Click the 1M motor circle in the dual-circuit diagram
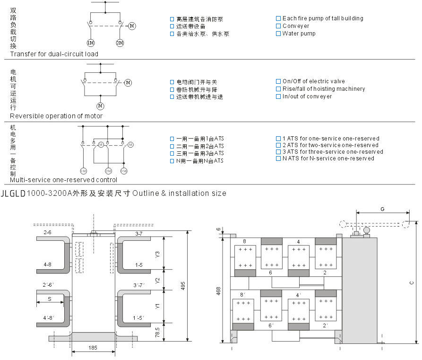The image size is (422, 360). (91, 43)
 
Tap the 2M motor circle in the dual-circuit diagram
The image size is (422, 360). (120, 43)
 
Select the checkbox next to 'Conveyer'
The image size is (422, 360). (278, 26)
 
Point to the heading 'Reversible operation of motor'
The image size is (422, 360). (56, 116)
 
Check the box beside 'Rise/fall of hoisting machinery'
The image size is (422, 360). (278, 89)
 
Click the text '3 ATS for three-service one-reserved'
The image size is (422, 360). (333, 152)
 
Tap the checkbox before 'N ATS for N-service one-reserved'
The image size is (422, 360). (278, 158)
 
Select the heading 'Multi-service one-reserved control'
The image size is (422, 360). (64, 180)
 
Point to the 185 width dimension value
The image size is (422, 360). (93, 348)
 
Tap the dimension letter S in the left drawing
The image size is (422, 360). (49, 299)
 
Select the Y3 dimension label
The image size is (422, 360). (158, 254)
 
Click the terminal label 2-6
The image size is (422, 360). (47, 233)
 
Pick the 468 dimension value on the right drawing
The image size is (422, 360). (218, 291)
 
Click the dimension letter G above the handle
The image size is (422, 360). (382, 209)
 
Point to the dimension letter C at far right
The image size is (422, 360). (411, 282)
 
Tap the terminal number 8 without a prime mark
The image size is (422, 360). (244, 241)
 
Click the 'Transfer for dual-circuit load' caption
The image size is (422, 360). (54, 54)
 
